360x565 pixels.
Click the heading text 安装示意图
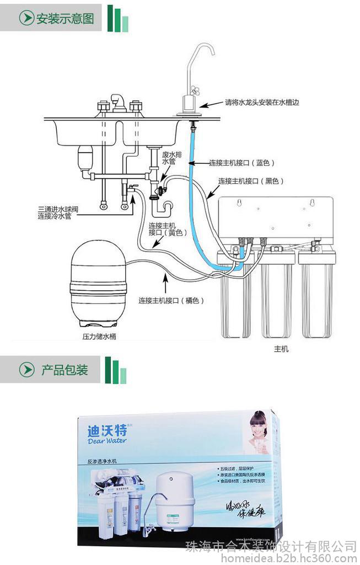[x=65, y=18]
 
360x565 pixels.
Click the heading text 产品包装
[x=65, y=370]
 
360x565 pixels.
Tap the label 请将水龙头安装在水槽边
[x=261, y=102]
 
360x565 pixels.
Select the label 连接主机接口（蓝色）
[x=241, y=163]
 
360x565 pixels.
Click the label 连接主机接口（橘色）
[x=171, y=301]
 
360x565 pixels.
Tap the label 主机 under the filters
[x=281, y=349]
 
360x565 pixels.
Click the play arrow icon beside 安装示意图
[x=26, y=18]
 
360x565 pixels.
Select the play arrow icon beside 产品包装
[x=26, y=370]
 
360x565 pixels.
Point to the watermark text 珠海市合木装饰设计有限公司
[x=271, y=546]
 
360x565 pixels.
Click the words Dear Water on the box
[x=107, y=440]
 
